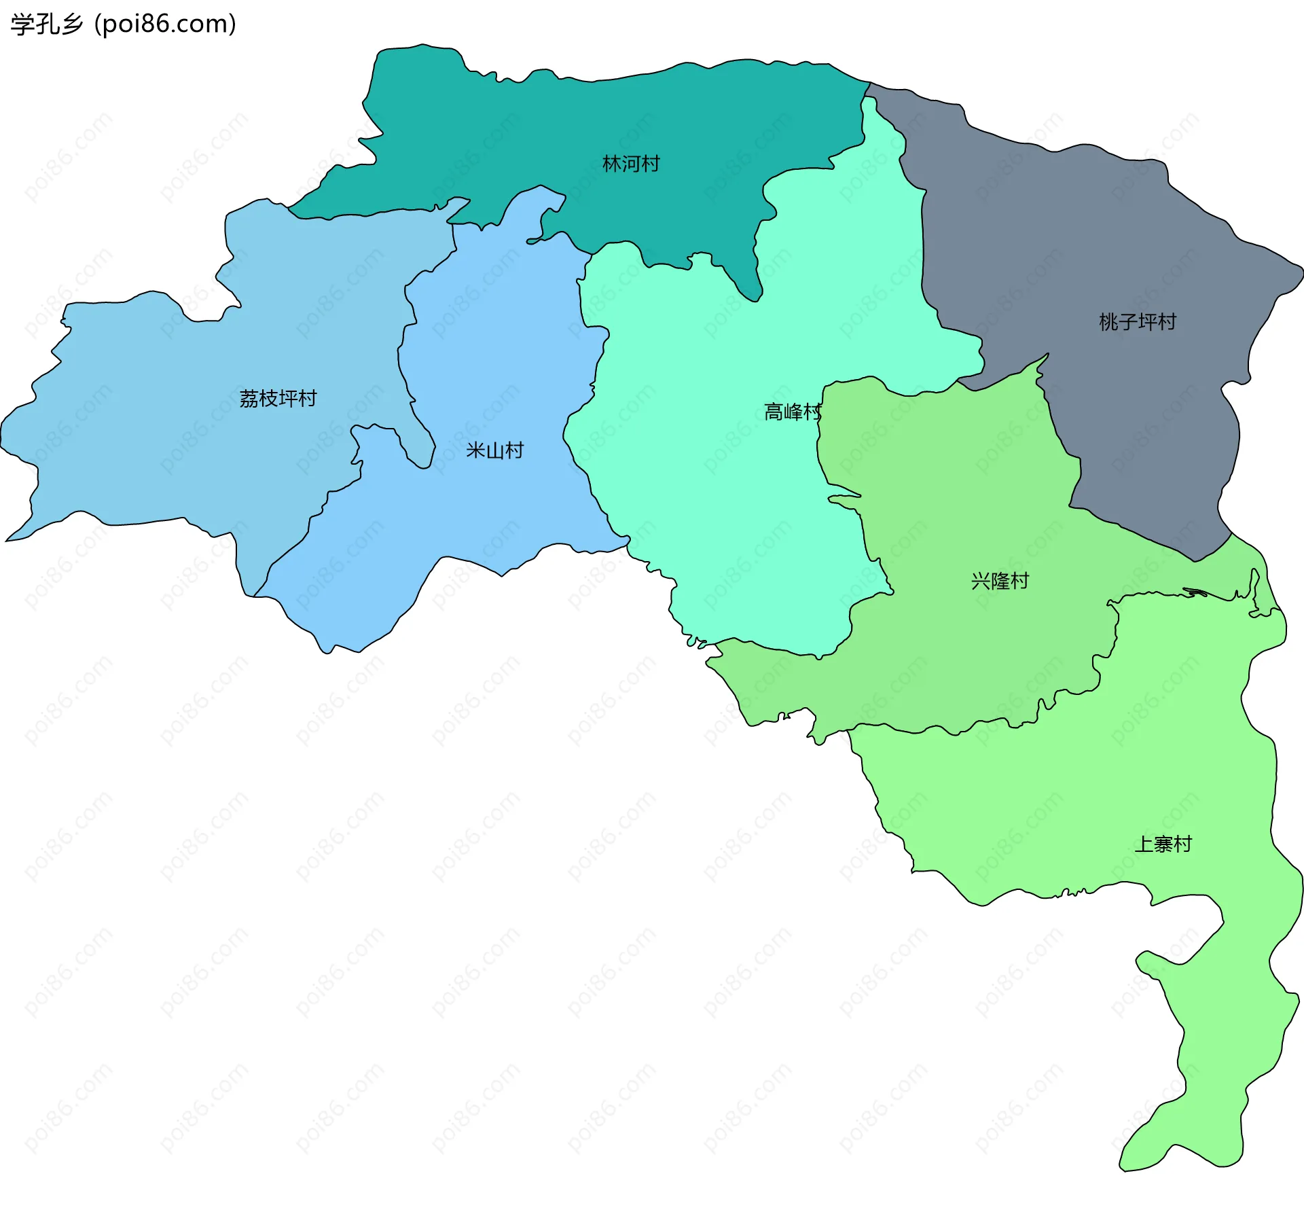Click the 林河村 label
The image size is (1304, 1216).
coord(631,164)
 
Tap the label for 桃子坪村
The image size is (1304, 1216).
coord(1138,322)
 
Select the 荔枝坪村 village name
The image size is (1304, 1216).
coord(278,399)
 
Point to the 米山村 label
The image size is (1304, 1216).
coord(495,451)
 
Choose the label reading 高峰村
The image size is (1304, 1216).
coord(793,412)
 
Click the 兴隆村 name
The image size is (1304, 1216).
coord(1000,582)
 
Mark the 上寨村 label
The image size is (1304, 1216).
coord(1163,844)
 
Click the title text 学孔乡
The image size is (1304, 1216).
coord(46,24)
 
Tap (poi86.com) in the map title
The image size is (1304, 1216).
coord(165,24)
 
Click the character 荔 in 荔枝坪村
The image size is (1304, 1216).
coord(249,399)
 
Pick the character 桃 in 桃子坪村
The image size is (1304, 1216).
coord(1108,322)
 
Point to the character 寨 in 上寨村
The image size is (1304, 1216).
coord(1163,844)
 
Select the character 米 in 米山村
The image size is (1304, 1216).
coord(475,451)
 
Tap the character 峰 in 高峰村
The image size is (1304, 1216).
coord(793,412)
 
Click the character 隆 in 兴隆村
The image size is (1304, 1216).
coord(1000,582)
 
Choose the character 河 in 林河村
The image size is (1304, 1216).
coord(631,164)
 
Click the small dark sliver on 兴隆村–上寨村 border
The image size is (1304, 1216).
coord(1195,592)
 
